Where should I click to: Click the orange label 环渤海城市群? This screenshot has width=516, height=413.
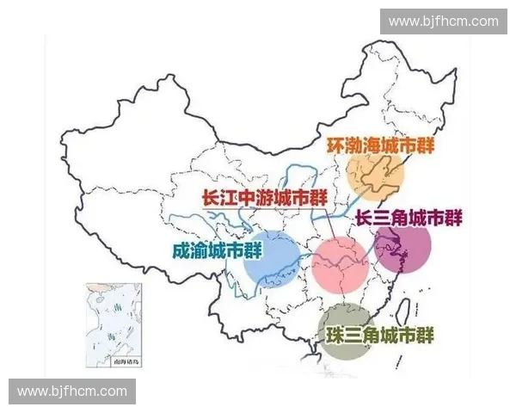coord(380,145)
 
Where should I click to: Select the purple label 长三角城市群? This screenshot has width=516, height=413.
coord(408,219)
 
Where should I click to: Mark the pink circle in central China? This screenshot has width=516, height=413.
coord(341,262)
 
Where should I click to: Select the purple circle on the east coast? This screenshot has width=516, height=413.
coord(402,249)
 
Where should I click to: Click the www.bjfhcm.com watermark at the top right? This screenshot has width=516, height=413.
coord(443,21)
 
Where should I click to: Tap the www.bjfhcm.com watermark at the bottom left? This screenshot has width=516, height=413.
coord(72,391)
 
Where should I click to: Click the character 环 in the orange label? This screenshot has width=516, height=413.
coord(336,145)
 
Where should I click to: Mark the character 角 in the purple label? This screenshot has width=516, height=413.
coord(407,219)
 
